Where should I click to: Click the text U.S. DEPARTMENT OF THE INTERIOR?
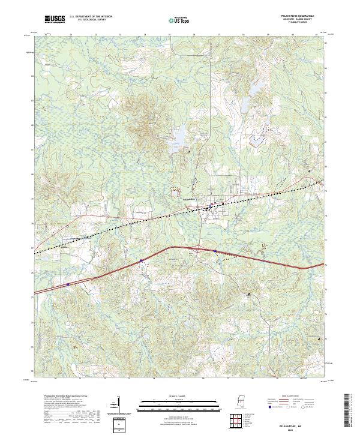coord(91,17)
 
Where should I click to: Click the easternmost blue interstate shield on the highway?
coord(215,250)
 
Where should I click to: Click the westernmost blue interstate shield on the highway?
coord(68,284)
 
